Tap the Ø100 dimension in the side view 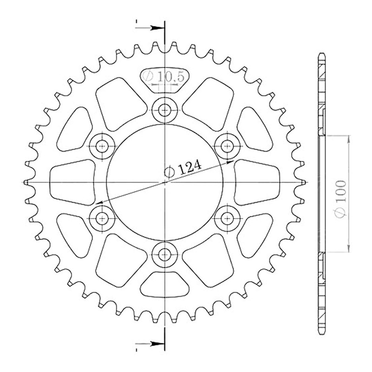coord(341,199)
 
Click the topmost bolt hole coord(165,110)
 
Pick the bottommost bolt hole coord(165,255)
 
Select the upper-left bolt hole coord(102,146)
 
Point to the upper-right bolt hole coord(227,146)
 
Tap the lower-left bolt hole coord(102,218)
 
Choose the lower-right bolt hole coord(227,218)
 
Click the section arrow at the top coord(150,28)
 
